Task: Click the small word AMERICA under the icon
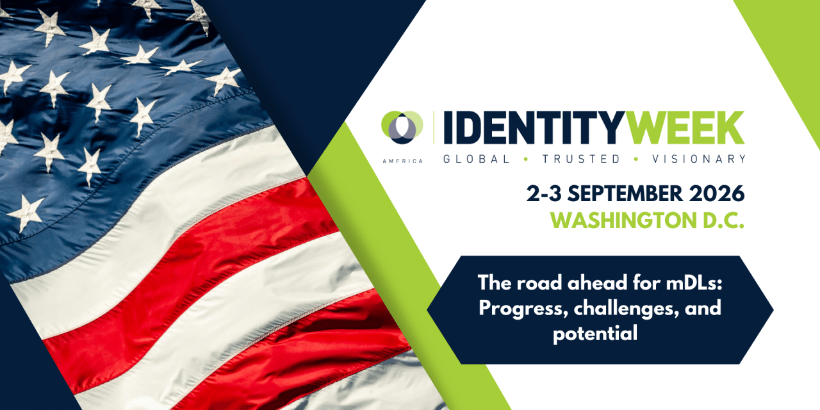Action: point(402,161)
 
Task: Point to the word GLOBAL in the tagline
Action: point(476,159)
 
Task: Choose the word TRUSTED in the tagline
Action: point(581,159)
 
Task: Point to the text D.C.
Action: point(722,220)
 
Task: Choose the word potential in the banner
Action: point(595,334)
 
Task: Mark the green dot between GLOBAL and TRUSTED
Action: point(526,159)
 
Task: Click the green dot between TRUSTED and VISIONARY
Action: point(636,159)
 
